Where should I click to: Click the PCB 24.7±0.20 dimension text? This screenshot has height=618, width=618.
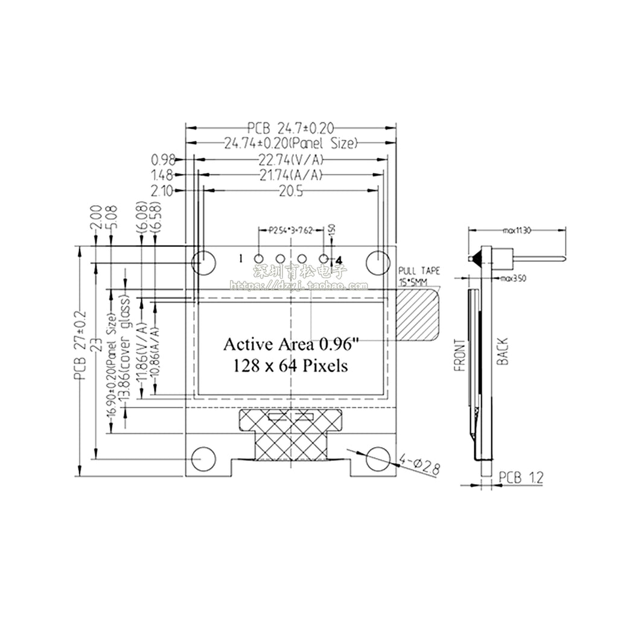coord(290,127)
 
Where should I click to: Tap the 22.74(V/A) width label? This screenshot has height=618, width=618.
coord(291,160)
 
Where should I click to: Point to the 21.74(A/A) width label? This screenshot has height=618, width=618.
coord(291,175)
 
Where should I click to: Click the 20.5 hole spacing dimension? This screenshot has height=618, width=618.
coord(291,190)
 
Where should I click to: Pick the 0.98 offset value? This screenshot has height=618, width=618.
coord(163,160)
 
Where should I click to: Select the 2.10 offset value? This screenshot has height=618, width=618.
coord(163,191)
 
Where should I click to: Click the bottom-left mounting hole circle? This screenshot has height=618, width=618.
coord(204,459)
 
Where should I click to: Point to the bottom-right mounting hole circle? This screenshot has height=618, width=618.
coord(378,459)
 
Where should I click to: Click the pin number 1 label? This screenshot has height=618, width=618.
coord(241,258)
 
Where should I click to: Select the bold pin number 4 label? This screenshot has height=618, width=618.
coord(339,260)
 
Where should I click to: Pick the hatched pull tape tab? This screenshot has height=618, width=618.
coord(417,313)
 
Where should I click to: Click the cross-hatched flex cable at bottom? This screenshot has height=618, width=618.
coord(291,435)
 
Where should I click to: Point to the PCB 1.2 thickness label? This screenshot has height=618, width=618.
coord(521,477)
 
